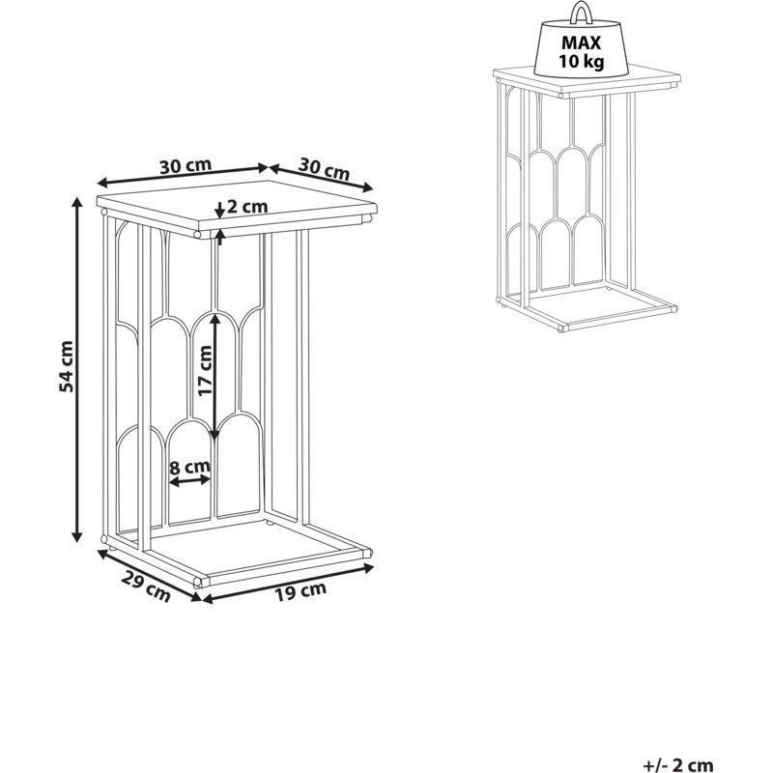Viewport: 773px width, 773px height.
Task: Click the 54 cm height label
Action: point(66,366)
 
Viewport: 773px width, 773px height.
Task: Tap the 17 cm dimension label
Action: point(204,371)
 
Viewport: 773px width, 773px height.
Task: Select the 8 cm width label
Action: point(189,467)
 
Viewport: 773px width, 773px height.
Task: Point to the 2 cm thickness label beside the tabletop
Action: point(247,206)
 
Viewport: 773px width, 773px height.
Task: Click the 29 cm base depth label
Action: point(146,587)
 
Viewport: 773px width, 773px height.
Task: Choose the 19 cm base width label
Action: point(301,591)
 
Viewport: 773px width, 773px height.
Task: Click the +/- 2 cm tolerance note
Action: point(678,765)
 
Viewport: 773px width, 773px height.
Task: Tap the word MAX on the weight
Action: point(582,43)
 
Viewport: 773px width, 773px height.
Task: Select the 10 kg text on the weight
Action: point(582,62)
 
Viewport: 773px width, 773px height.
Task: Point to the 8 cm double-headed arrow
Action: point(189,480)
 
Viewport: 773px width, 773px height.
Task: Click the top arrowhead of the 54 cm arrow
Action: point(76,202)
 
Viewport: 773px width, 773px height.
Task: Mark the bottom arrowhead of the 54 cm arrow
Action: point(76,536)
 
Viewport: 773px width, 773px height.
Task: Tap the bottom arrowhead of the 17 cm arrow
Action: point(214,433)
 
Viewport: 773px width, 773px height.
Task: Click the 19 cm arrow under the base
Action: point(288,585)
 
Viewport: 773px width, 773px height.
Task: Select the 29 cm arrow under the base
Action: point(150,575)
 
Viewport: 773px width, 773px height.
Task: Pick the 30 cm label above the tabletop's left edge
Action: point(186,165)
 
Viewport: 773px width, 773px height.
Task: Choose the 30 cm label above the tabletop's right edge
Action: point(324,169)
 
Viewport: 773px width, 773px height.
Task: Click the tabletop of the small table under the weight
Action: point(587,80)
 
